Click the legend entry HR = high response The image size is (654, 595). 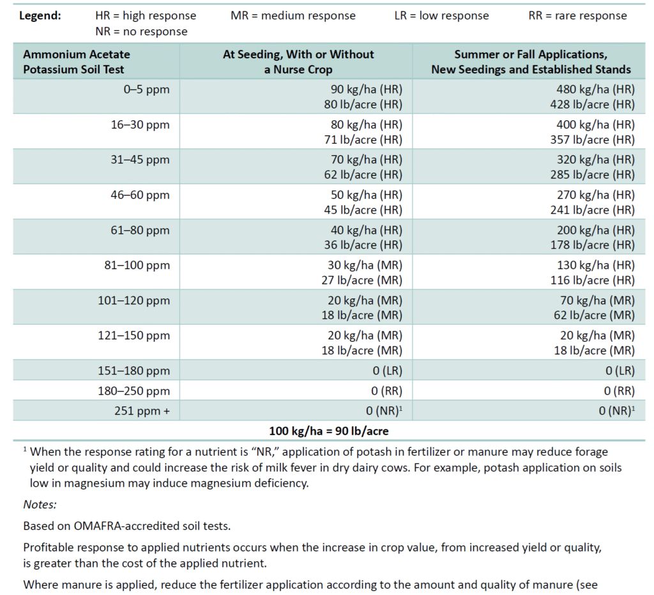[146, 15]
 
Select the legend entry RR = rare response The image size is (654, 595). [578, 15]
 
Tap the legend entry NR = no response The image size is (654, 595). [141, 31]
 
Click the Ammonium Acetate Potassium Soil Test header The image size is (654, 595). [74, 62]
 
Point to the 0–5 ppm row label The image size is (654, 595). [148, 89]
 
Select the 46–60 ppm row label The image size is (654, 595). [141, 194]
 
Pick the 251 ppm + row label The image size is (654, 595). [142, 411]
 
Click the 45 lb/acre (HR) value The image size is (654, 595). [362, 210]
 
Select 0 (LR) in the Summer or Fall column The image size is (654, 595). [616, 371]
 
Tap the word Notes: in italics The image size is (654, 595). [40, 505]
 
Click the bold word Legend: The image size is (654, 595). [40, 15]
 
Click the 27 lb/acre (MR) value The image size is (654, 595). [362, 280]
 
